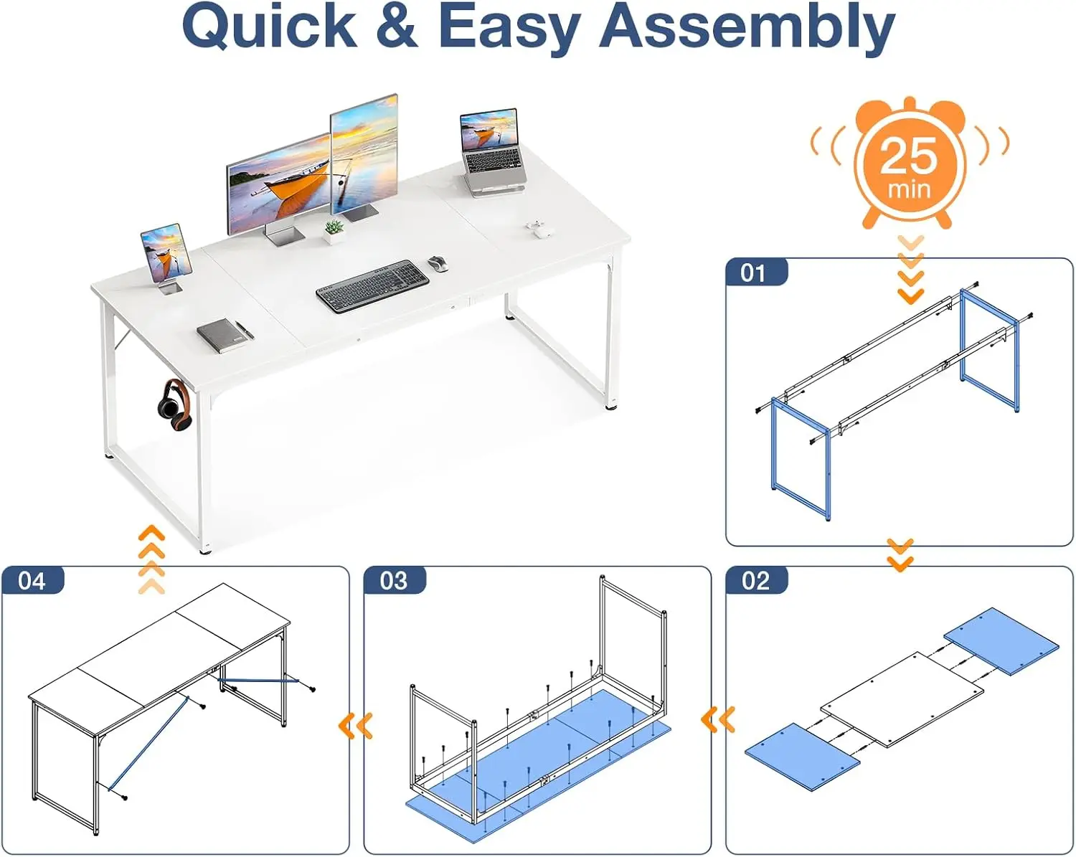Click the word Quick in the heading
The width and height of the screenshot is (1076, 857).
pos(270,27)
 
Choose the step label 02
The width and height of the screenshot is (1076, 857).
pos(755,580)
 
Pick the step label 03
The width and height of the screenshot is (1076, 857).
pos(394,580)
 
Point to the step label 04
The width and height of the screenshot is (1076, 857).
pos(32,580)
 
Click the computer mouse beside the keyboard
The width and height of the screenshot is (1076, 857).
pos(438,264)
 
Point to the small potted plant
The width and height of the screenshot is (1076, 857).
pos(333,232)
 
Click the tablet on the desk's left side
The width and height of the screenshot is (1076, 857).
pos(166,255)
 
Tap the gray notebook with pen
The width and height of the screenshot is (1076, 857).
pos(224,334)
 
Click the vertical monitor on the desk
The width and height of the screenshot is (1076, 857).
pos(364,156)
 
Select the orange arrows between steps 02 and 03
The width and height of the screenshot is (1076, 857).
pos(718,719)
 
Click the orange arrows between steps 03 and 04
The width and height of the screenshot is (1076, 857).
pos(356,726)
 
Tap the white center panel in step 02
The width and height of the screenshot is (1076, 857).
pos(902,699)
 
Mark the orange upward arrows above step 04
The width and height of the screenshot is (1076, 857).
pos(151,559)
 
